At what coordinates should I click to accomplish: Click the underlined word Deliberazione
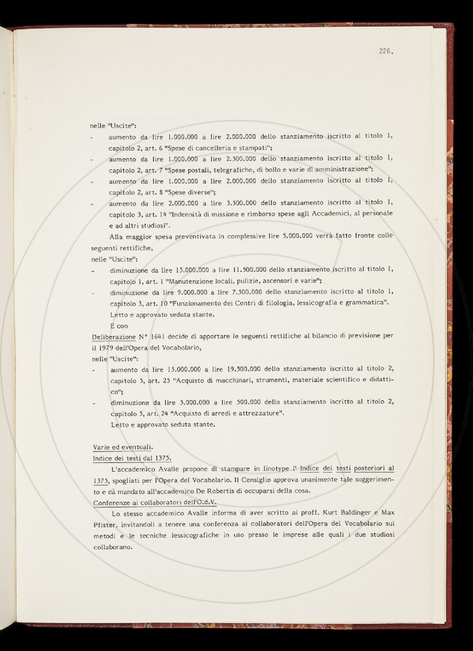click(x=113, y=337)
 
